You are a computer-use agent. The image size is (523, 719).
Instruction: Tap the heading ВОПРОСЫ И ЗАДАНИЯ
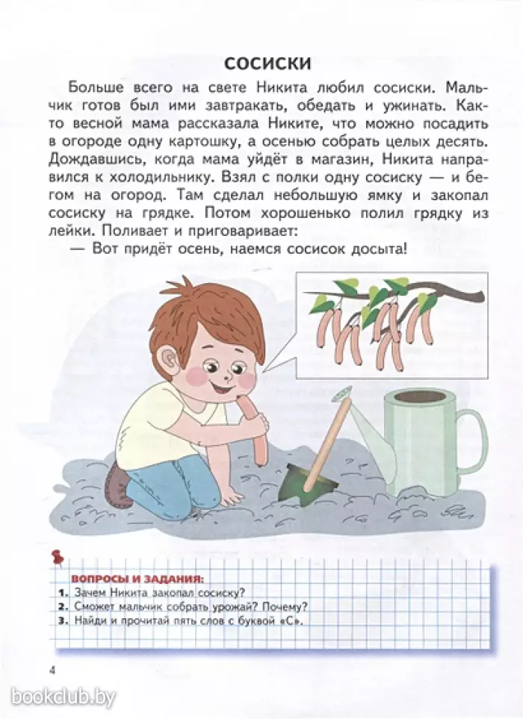click(x=137, y=579)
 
